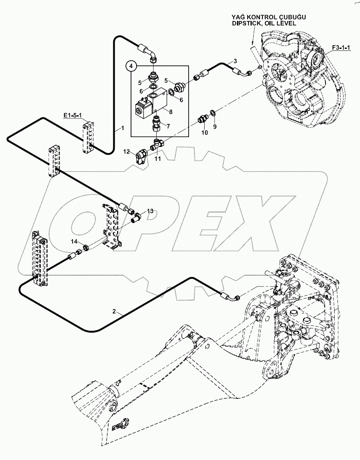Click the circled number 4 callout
[x=131, y=66]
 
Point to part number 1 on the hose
[x=122, y=128]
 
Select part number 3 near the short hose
[x=235, y=61]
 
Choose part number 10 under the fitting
[x=204, y=133]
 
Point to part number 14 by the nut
[x=73, y=242]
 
